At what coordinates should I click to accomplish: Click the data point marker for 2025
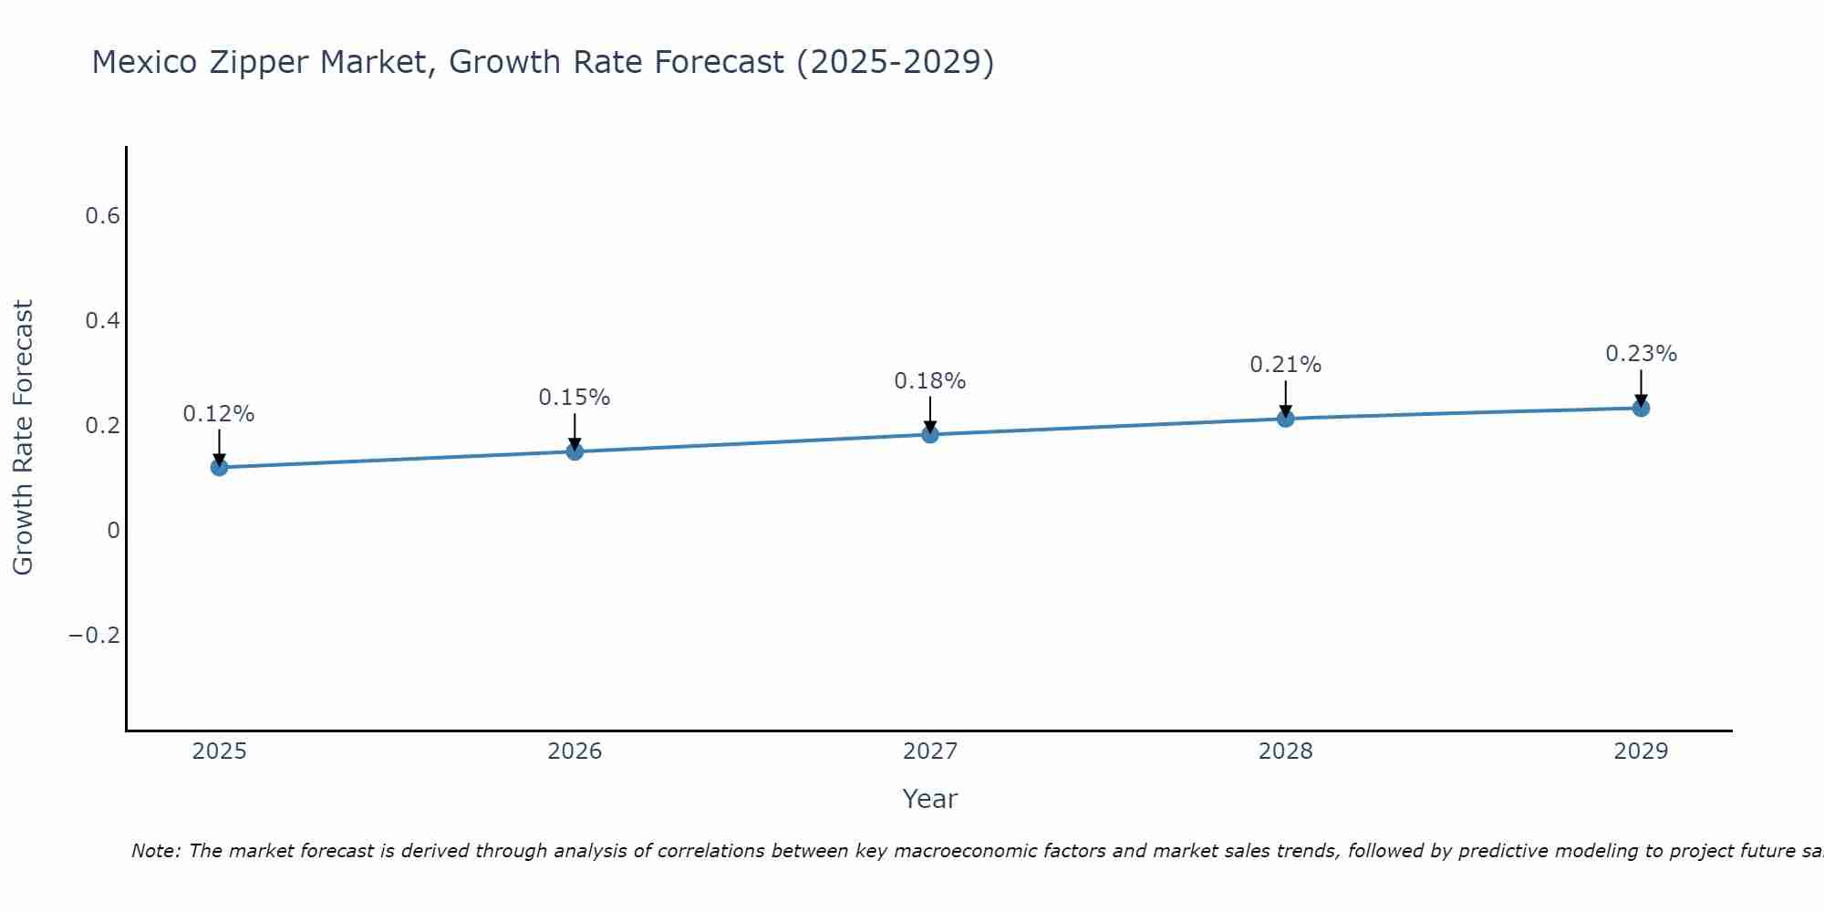(219, 468)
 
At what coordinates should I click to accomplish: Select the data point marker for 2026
(575, 451)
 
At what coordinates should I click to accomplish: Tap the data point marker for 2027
(930, 434)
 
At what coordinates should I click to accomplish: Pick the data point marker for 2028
(1285, 419)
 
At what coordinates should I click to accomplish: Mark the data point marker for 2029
(1641, 408)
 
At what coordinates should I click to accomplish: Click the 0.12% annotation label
(219, 414)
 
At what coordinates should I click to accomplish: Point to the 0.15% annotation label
(575, 398)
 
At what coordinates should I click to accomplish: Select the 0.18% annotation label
(930, 381)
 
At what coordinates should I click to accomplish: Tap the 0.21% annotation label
(1285, 365)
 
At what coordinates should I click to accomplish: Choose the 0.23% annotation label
(1641, 354)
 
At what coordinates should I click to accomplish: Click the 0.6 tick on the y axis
(102, 216)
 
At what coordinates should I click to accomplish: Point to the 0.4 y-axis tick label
(102, 321)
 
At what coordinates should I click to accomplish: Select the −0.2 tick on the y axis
(95, 636)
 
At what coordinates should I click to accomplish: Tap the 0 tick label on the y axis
(113, 531)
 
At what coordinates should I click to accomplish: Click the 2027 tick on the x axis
(930, 751)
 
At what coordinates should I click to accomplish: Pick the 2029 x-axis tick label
(1641, 751)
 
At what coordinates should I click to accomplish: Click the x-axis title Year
(929, 799)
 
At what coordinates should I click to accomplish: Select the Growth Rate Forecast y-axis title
(24, 437)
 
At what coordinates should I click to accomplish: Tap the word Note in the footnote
(155, 851)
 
